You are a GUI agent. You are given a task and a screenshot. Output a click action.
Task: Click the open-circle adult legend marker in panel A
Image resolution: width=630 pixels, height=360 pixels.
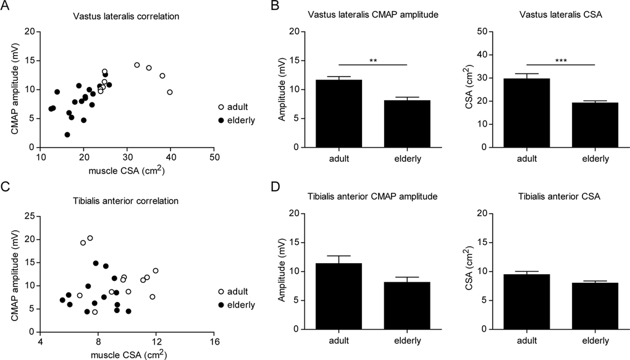pos(222,107)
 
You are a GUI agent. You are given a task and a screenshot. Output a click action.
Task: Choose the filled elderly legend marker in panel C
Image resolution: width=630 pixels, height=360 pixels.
pos(222,305)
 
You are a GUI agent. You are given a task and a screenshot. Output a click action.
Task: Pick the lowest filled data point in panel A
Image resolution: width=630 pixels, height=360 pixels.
pos(67,135)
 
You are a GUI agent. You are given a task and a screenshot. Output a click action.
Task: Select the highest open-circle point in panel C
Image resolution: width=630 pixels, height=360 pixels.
pos(90,238)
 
